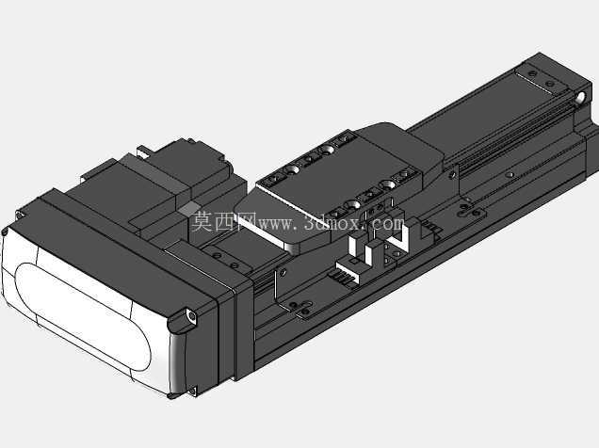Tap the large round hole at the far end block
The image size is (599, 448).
click(x=581, y=98)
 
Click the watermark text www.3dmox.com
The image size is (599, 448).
click(x=332, y=222)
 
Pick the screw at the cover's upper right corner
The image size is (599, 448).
click(x=191, y=315)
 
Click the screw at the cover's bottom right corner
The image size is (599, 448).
click(x=192, y=391)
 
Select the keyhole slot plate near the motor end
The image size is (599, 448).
click(x=300, y=307)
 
